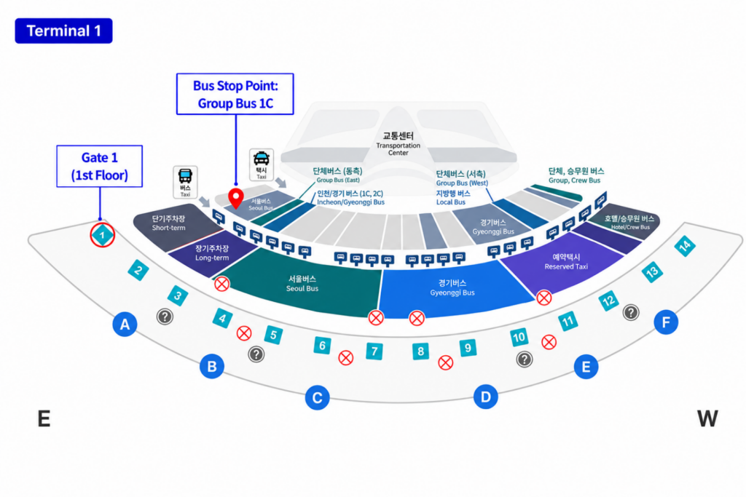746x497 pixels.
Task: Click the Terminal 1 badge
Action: [x=64, y=31]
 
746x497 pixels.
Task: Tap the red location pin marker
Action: [x=236, y=198]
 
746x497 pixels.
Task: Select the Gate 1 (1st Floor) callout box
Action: [x=99, y=167]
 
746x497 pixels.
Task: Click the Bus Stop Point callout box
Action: [x=235, y=94]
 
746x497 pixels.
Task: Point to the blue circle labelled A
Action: [x=125, y=325]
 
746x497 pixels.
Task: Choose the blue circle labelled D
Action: [x=486, y=397]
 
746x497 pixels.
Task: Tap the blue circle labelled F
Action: [x=666, y=322]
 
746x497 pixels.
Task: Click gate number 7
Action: [x=374, y=351]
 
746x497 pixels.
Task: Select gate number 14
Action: [x=685, y=246]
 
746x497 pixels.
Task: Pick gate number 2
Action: [x=138, y=271]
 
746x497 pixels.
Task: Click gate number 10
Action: [x=519, y=338]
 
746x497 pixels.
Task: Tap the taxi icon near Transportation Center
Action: [x=262, y=164]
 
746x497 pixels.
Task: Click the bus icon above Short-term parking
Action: [x=185, y=182]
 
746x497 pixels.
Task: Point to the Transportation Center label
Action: [x=398, y=144]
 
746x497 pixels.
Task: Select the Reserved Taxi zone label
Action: [x=566, y=262]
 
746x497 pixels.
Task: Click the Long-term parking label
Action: [x=212, y=253]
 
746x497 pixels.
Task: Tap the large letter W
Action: [x=707, y=418]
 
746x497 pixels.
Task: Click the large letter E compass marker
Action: [x=44, y=418]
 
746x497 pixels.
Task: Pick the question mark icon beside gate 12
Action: [x=631, y=312]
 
